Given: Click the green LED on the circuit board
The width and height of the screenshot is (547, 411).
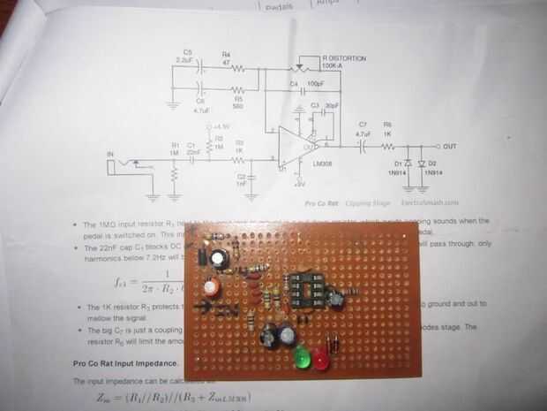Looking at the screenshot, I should (x=302, y=360).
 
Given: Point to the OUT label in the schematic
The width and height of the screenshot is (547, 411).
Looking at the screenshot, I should (x=450, y=146).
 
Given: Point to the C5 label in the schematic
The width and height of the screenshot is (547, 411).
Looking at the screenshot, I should (x=187, y=53).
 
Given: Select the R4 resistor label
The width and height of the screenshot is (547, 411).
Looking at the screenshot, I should (x=226, y=54).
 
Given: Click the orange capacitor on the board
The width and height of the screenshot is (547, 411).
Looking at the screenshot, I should (x=211, y=288).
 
